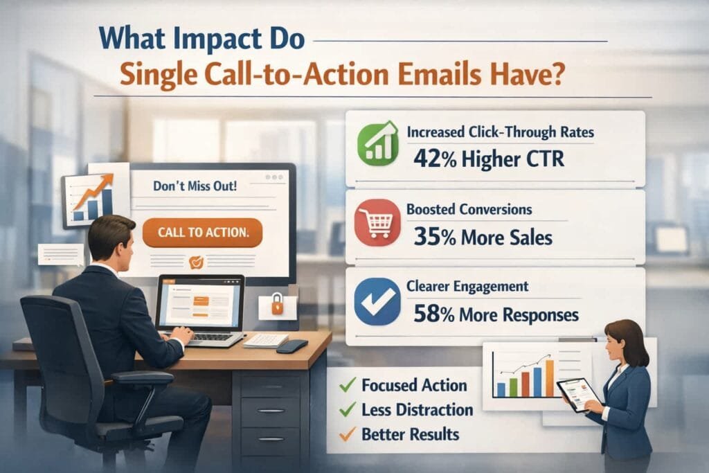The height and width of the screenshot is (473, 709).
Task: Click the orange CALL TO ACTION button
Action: (x=202, y=233)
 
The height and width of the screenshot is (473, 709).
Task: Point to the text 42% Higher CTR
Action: (x=488, y=159)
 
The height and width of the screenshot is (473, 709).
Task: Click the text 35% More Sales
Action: (x=483, y=238)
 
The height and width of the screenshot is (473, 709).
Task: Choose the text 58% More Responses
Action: (x=496, y=315)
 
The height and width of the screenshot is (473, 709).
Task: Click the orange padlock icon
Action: (x=277, y=303)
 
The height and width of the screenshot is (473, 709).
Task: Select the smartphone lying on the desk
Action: (x=291, y=346)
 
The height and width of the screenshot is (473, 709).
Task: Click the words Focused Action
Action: (x=414, y=386)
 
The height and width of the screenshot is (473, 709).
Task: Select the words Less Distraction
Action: (x=417, y=410)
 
